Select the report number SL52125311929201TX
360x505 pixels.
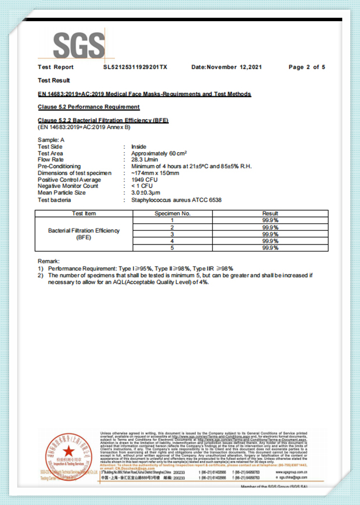click(135, 67)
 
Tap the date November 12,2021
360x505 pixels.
click(227, 67)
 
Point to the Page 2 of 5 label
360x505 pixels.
click(307, 67)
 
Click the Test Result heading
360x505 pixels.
click(54, 80)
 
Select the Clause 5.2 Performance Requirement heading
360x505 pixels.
click(89, 107)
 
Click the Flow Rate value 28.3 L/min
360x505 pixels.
click(145, 160)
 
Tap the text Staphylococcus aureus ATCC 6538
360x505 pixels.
click(176, 200)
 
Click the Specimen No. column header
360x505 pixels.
click(172, 214)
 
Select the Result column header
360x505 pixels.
click(270, 214)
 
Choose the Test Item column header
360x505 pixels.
click(84, 214)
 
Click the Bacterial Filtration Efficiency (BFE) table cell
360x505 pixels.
click(84, 234)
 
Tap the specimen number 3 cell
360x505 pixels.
click(172, 234)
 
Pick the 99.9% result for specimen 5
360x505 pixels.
click(270, 248)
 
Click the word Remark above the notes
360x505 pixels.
click(49, 262)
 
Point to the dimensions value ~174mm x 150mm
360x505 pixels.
click(155, 173)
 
